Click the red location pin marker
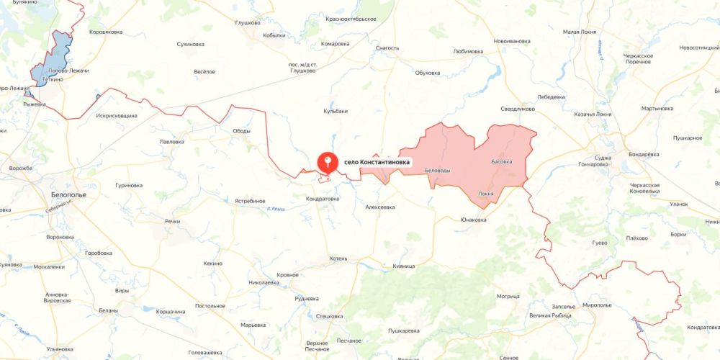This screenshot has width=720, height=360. tap(328, 162)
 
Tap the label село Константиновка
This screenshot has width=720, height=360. tap(377, 163)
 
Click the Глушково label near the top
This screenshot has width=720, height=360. tap(247, 22)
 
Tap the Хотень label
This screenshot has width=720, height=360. tap(338, 257)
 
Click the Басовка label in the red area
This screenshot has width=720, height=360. tap(501, 161)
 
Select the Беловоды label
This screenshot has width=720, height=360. tap(438, 170)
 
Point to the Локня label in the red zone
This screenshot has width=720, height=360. tap(486, 194)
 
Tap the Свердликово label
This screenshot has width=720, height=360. tap(518, 109)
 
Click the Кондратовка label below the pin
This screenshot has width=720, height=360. tap(322, 199)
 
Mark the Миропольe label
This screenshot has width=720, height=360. tap(597, 305)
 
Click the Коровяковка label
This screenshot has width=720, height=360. tap(106, 32)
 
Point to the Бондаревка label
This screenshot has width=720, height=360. tap(644, 154)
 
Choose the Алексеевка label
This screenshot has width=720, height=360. tap(380, 207)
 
